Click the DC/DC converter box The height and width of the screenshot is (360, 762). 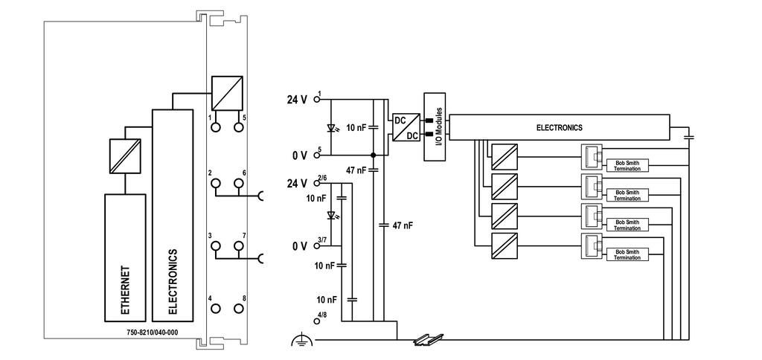406,127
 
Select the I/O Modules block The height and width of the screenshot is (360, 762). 435,126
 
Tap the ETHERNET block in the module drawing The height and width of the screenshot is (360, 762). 125,257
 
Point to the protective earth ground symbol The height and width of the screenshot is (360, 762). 299,341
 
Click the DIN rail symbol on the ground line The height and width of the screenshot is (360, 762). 428,340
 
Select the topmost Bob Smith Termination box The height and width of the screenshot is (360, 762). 627,166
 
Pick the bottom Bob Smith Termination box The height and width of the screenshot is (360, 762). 627,254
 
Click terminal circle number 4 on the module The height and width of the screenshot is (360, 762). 216,309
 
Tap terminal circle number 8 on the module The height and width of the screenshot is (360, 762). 239,309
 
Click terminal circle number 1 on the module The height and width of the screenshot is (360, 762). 216,127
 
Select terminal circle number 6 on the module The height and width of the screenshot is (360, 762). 239,183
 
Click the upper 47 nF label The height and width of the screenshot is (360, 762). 356,170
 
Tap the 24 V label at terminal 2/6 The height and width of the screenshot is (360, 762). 297,184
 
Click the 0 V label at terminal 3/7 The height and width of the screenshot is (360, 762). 300,246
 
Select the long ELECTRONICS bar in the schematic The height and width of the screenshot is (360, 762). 559,128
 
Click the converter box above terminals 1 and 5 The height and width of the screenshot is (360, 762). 227,93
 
